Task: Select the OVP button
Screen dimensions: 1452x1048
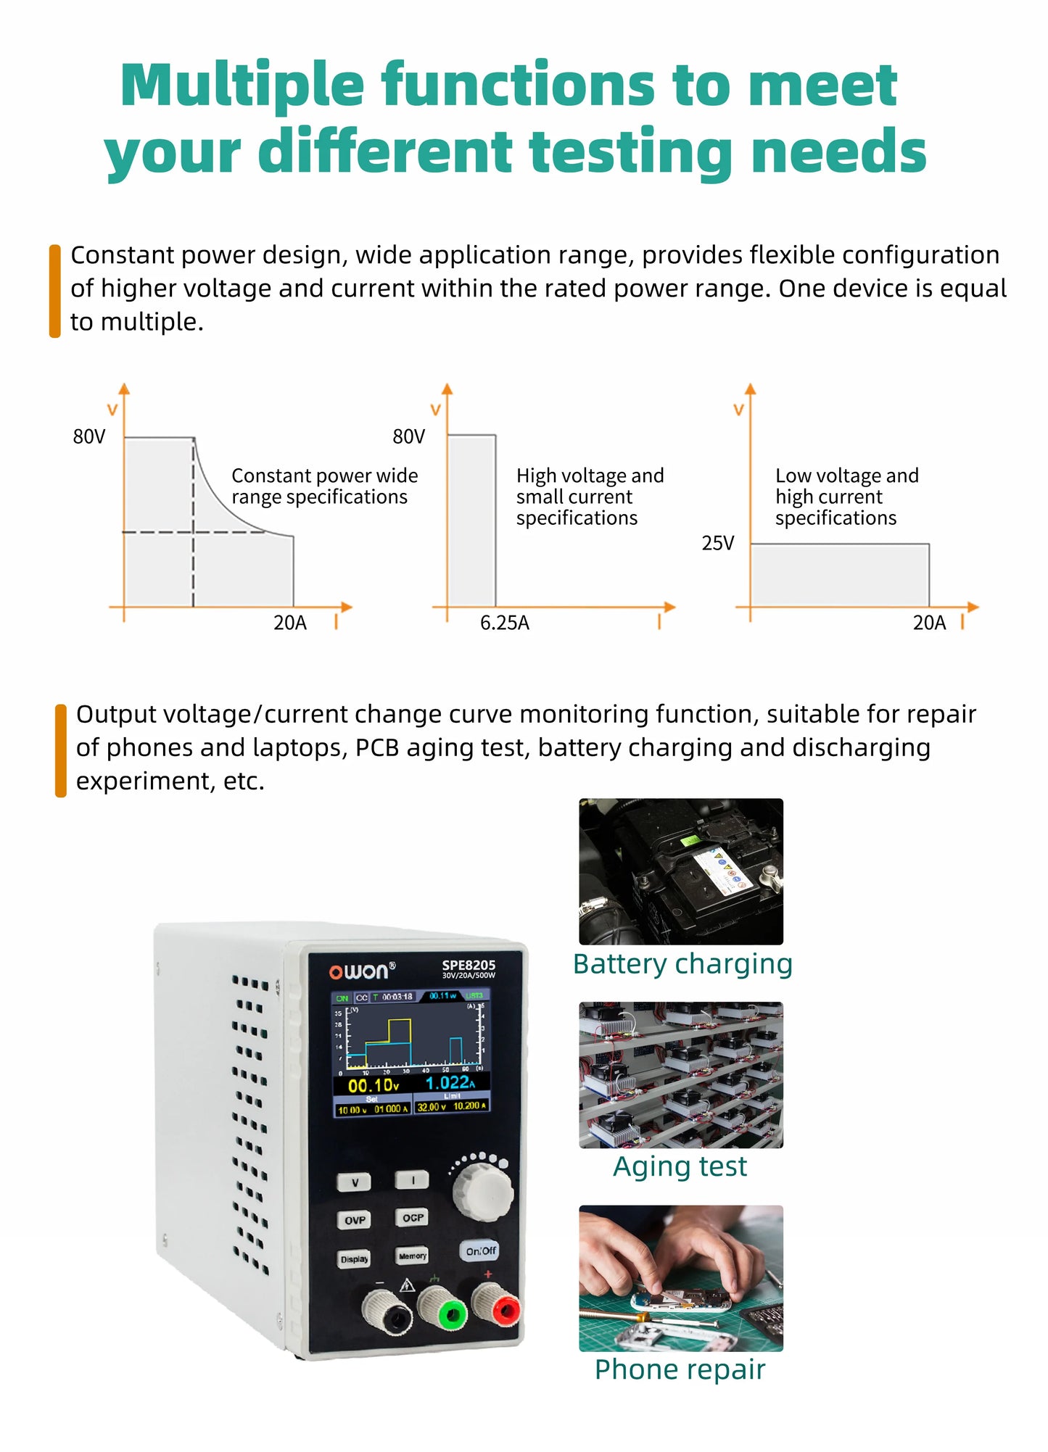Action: click(355, 1221)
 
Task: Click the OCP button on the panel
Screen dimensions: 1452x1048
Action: click(413, 1218)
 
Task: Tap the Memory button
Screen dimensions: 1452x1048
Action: click(412, 1256)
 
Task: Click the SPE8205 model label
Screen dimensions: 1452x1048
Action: click(469, 966)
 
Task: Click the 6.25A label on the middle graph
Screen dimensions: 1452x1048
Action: click(505, 623)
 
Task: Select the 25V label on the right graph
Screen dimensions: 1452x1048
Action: click(717, 543)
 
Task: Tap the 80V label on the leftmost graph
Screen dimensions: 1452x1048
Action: click(89, 436)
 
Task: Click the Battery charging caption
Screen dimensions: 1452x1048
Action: click(682, 964)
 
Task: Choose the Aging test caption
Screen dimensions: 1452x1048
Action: click(680, 1166)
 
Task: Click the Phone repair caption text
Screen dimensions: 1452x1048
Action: click(680, 1369)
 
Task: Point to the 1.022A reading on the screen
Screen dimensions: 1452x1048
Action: click(450, 1083)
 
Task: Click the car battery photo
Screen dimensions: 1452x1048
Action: click(680, 871)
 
